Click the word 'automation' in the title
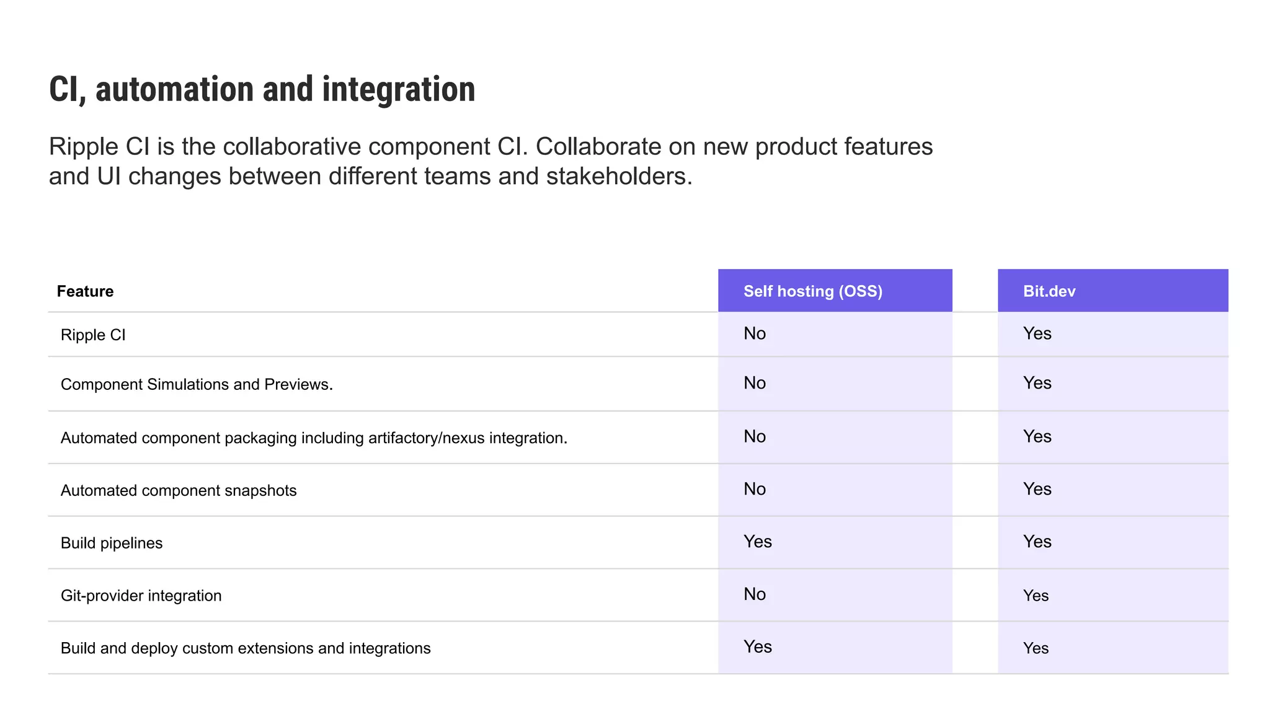[x=174, y=90]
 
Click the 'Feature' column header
[x=85, y=291]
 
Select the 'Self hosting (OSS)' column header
[x=812, y=291]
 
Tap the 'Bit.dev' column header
[x=1049, y=291]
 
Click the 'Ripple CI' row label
[x=93, y=335]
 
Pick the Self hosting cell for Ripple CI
[x=755, y=333]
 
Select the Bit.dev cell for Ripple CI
[x=1037, y=333]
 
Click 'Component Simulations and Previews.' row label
[x=197, y=384]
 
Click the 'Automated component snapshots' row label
[x=179, y=491]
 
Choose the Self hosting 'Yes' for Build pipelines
[x=757, y=542]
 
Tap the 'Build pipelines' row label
[x=112, y=544]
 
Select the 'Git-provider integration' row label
[x=141, y=596]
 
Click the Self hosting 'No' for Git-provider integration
[x=755, y=594]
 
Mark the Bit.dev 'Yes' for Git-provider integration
[x=1036, y=596]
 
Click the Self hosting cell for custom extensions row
[x=757, y=647]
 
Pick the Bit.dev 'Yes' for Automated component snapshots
[x=1037, y=489]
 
